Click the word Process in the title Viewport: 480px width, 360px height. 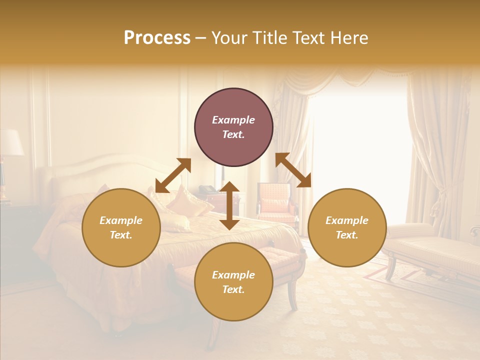(157, 38)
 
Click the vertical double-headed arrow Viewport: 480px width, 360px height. (229, 205)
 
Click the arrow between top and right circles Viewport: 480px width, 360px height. (293, 170)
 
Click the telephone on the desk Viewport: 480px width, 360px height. (207, 190)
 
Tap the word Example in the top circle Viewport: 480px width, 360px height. (233, 120)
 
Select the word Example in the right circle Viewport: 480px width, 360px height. (346, 220)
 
